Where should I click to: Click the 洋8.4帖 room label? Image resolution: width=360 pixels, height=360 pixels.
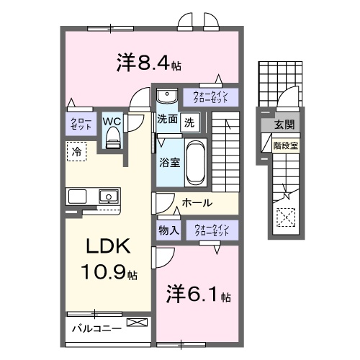point(148,63)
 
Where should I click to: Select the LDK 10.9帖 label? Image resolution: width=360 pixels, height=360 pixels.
point(109,259)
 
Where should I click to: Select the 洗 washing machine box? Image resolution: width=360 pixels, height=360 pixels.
point(189,122)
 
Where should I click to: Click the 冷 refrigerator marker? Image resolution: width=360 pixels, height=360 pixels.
point(76,151)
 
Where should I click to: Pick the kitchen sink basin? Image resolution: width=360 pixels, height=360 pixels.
point(108,195)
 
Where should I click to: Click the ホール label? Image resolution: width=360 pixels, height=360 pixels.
point(197,203)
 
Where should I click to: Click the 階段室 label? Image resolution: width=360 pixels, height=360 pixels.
point(286,145)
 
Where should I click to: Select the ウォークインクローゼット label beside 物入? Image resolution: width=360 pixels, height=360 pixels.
point(211,230)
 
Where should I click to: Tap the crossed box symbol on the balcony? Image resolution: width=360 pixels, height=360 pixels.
point(135,323)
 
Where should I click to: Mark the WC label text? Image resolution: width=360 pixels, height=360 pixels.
point(112,121)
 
